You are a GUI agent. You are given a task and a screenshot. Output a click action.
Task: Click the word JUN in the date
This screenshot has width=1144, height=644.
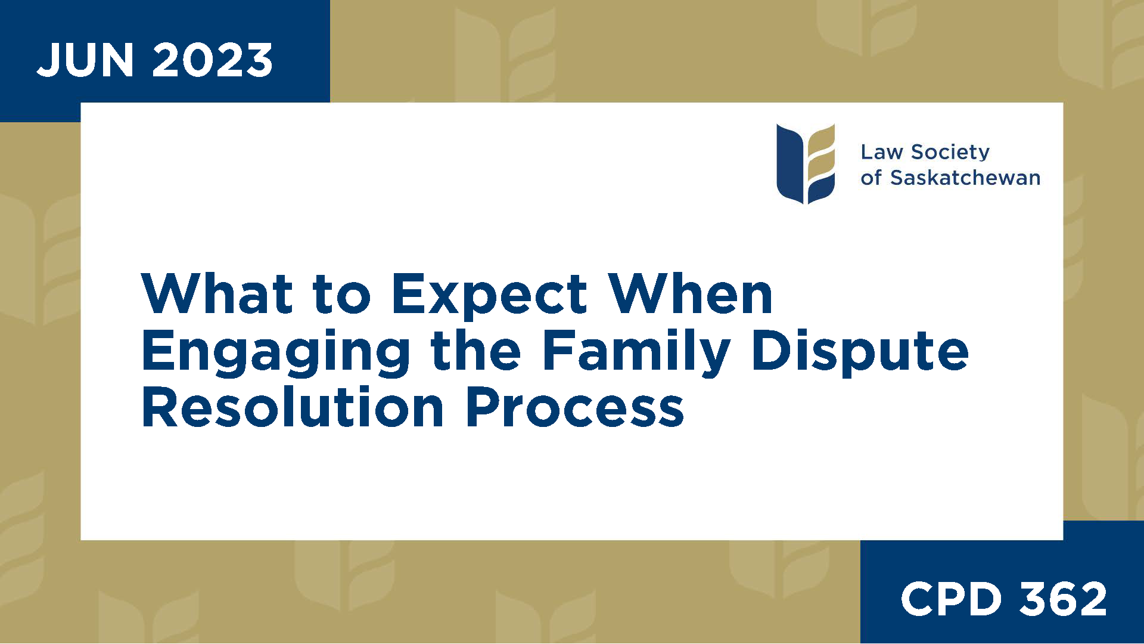tap(85, 60)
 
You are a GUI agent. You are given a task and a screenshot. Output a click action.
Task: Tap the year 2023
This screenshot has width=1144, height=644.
tap(213, 60)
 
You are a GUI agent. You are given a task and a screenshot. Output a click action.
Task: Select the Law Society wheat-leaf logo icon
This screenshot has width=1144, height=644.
tap(806, 163)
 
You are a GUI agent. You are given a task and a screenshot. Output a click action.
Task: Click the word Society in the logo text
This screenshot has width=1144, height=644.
tap(950, 153)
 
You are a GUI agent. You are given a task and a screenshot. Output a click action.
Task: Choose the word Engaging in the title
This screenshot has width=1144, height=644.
tap(275, 352)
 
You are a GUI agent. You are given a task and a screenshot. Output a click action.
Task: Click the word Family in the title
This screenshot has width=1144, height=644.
tap(636, 352)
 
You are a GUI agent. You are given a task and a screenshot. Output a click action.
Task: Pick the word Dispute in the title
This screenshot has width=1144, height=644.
tap(860, 352)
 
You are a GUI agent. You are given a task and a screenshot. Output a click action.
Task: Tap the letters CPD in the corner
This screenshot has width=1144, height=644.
tap(951, 599)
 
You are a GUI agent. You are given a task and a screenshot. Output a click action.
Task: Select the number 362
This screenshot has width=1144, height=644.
tap(1063, 599)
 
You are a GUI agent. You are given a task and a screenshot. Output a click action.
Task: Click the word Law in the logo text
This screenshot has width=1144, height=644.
tap(881, 153)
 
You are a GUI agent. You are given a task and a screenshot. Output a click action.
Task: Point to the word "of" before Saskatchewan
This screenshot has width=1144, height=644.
tap(871, 178)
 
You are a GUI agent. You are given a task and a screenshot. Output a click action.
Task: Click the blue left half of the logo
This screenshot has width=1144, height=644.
tap(789, 163)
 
